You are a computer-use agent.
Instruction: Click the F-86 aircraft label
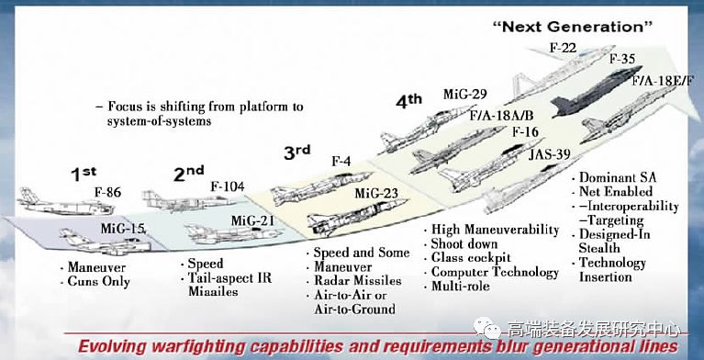click(107, 193)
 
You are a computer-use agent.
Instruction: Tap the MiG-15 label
click(123, 229)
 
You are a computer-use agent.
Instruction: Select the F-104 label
click(228, 186)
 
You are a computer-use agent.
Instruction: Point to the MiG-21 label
click(251, 220)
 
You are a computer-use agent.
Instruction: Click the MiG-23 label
click(376, 194)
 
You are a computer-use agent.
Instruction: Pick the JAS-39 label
click(549, 154)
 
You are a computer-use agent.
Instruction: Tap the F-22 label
click(563, 47)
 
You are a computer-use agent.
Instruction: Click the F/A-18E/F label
click(663, 82)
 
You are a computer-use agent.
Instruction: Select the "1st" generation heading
click(84, 174)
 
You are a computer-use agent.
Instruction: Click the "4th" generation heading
click(408, 101)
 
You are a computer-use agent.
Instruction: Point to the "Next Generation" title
click(573, 27)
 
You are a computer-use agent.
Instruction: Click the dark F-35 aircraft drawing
click(597, 92)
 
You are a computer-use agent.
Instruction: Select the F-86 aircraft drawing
click(65, 203)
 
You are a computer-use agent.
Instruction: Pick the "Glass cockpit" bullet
click(467, 258)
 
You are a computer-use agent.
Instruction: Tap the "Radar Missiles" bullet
click(353, 280)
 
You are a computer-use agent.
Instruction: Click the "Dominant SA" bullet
click(614, 177)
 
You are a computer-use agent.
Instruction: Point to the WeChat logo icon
click(486, 330)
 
